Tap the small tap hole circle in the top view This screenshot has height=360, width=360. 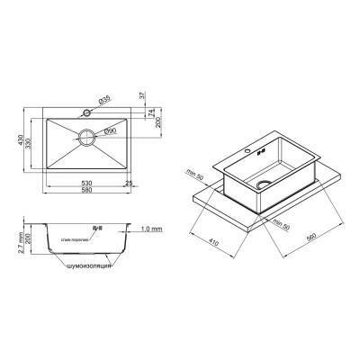86,114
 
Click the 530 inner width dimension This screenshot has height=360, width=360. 86,184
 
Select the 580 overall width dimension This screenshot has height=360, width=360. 86,193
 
